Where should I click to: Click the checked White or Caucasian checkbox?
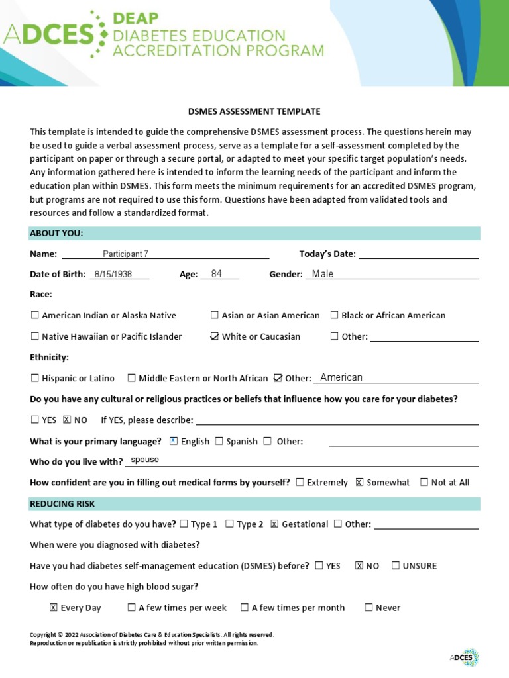[x=214, y=336]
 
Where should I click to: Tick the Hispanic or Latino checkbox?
[x=35, y=378]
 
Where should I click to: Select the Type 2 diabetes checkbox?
[x=229, y=524]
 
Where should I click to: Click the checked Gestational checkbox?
[x=274, y=524]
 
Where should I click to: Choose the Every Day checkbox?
[x=54, y=607]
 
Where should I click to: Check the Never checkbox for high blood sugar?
[x=368, y=607]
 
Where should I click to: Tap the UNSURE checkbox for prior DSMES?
[x=396, y=565]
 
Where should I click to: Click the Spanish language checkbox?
[x=219, y=441]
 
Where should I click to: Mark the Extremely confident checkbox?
[x=300, y=482]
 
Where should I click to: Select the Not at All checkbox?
[x=424, y=482]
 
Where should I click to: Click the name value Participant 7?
[x=126, y=254]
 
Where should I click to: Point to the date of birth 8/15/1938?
[x=113, y=274]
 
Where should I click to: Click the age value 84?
[x=217, y=274]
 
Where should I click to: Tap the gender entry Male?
[x=323, y=274]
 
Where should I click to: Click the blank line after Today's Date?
[x=418, y=254]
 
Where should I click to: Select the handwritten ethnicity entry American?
[x=341, y=377]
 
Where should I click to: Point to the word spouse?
[x=145, y=460]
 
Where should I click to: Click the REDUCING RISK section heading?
[x=62, y=503]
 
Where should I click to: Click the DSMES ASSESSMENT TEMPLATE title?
[x=254, y=111]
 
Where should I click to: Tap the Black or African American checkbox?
[x=335, y=315]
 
